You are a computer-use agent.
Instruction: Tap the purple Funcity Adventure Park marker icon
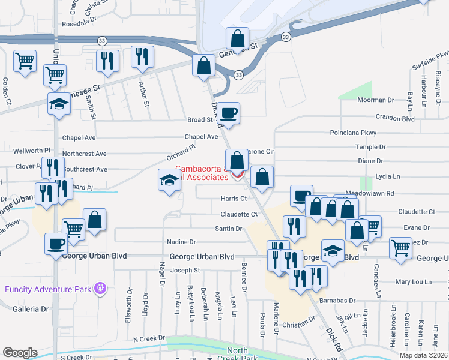pos(100,289)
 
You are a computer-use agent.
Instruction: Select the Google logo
pos(20,352)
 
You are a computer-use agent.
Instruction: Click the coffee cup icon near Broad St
pos(228,112)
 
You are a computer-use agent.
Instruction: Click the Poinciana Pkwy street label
pos(352,133)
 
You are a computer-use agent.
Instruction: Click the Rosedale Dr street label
pos(79,24)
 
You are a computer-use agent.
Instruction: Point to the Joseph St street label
pos(185,271)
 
